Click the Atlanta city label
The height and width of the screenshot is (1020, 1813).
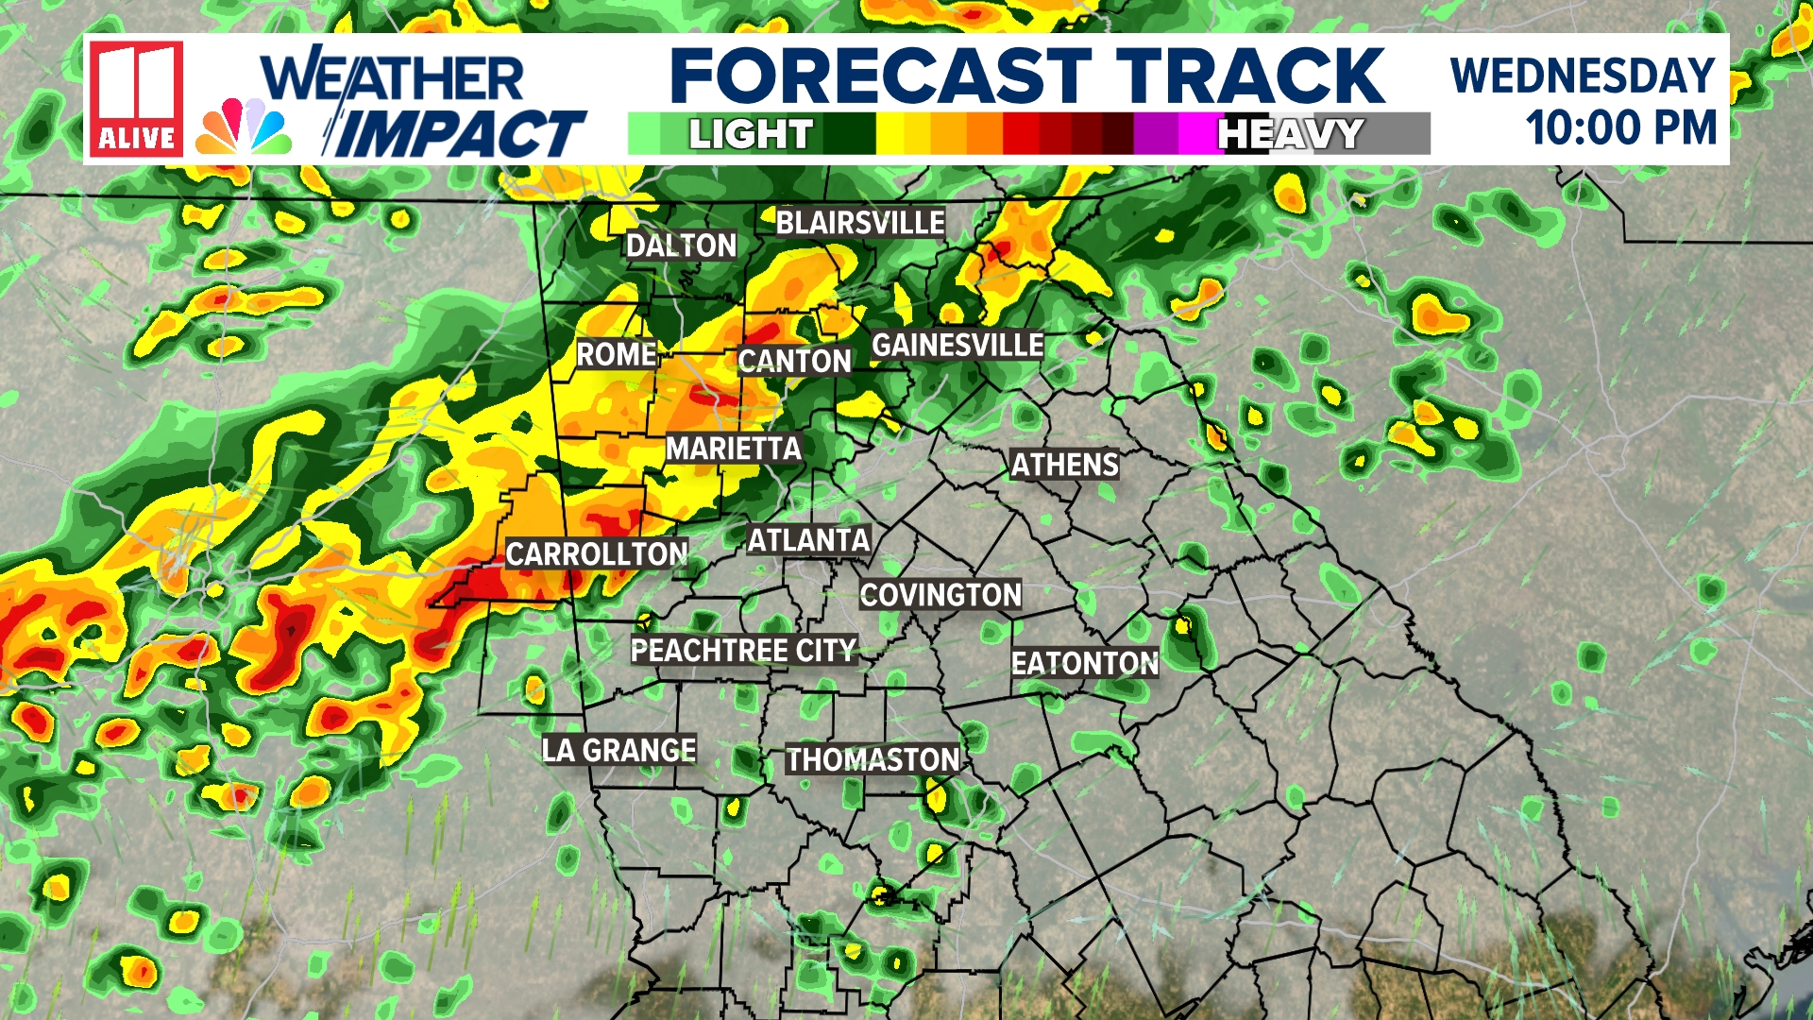coord(808,540)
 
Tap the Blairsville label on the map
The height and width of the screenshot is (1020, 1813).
coord(860,223)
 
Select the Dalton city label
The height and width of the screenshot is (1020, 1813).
coord(681,246)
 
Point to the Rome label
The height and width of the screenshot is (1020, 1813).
coord(617,355)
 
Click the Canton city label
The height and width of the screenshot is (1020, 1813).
coord(794,361)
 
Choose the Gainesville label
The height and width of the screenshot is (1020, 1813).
coord(957,346)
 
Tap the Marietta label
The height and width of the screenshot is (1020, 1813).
coord(734,449)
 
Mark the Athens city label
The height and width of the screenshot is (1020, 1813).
coord(1064,465)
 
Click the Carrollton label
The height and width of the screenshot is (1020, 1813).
coord(597,554)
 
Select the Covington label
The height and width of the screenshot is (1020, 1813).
coord(940,595)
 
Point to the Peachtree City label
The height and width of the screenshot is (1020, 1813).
coord(743,651)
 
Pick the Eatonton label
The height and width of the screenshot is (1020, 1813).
coord(1085,663)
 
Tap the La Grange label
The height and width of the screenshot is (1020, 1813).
coord(618,751)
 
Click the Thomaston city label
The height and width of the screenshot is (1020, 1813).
coord(873,759)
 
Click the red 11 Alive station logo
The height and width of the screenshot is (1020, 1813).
coord(136,98)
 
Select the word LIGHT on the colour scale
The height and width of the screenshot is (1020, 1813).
coord(751,134)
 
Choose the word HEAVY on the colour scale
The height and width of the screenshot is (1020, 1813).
coord(1291,134)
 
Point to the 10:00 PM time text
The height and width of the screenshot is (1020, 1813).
coord(1620,128)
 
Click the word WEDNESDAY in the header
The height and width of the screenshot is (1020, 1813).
coord(1583,76)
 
